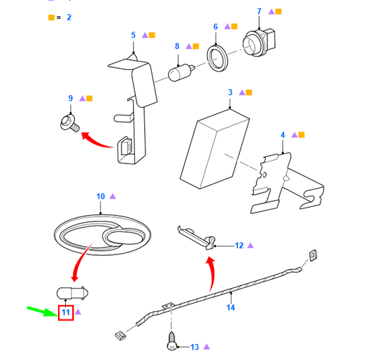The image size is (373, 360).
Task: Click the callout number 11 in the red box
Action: click(x=66, y=312)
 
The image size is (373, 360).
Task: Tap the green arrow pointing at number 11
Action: click(x=43, y=311)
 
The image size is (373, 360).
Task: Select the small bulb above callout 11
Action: click(x=72, y=293)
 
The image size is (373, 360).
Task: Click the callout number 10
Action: click(x=100, y=196)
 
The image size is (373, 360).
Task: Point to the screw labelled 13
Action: click(x=171, y=341)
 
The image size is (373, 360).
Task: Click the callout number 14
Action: click(x=230, y=308)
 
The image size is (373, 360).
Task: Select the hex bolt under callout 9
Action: click(x=70, y=122)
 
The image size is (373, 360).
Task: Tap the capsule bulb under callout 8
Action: click(x=181, y=72)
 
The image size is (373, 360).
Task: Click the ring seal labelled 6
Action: click(x=217, y=59)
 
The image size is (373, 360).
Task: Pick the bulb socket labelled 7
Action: click(x=259, y=43)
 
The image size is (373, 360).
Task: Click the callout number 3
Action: click(x=230, y=92)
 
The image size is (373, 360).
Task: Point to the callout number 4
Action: click(x=283, y=135)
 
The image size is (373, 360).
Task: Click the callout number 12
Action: click(x=239, y=245)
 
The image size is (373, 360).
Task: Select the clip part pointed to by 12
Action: click(x=197, y=238)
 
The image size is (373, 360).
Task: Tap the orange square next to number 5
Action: click(x=152, y=35)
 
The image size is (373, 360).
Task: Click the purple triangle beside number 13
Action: click(x=206, y=347)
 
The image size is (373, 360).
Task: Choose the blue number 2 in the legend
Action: click(x=69, y=17)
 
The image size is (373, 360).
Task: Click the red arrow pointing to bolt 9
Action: click(x=97, y=140)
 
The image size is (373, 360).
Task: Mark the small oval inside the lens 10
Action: click(x=125, y=238)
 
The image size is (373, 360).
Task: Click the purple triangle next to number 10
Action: click(x=113, y=196)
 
